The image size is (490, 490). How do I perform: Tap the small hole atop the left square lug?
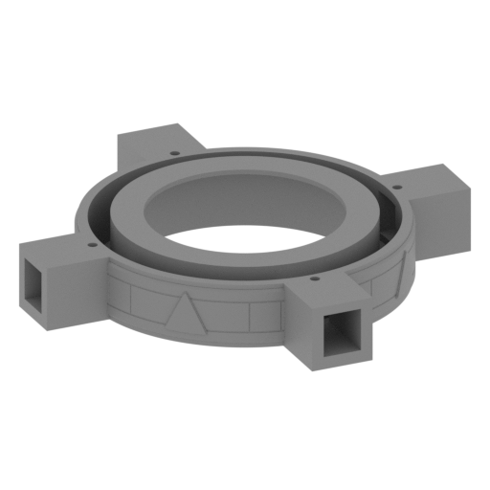point(93,245)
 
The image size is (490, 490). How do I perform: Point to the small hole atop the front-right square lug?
point(314,280)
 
